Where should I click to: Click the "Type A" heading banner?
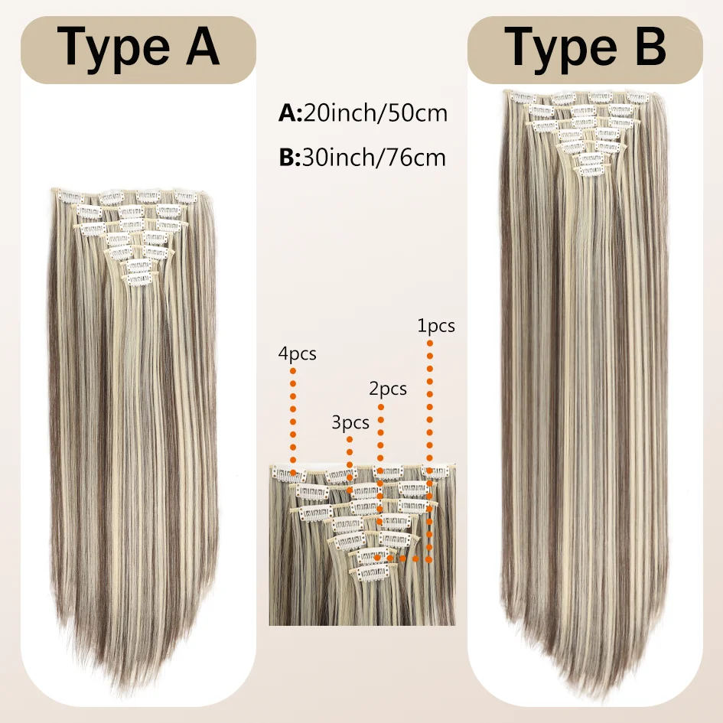138,50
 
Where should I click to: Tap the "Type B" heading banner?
585,50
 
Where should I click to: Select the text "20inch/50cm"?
376,113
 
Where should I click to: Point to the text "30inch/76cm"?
374,158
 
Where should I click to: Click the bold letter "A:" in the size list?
290,113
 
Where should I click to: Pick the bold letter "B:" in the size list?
290,158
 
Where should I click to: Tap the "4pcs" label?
298,354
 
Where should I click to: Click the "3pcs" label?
350,423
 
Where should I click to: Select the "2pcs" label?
388,389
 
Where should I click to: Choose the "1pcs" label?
436,325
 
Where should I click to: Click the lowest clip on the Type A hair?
138,279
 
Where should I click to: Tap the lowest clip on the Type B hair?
591,171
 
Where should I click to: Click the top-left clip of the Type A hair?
70,197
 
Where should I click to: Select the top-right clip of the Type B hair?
638,97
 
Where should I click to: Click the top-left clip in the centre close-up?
289,474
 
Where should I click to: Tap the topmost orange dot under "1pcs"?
430,343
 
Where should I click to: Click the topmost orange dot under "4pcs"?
293,371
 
